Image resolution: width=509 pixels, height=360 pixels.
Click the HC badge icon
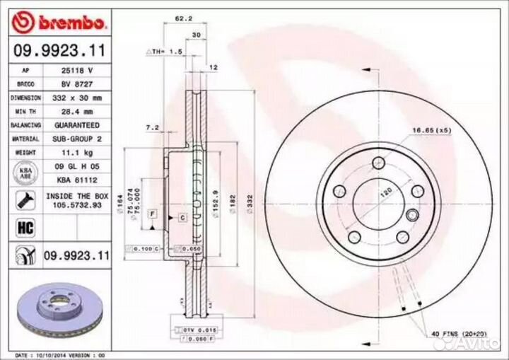pos(22,226)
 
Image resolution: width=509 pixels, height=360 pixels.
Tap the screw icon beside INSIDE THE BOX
pos(22,199)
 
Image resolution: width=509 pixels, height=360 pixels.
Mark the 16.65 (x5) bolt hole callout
pos(433,129)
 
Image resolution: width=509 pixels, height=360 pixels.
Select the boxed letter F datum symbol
pos(151,213)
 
